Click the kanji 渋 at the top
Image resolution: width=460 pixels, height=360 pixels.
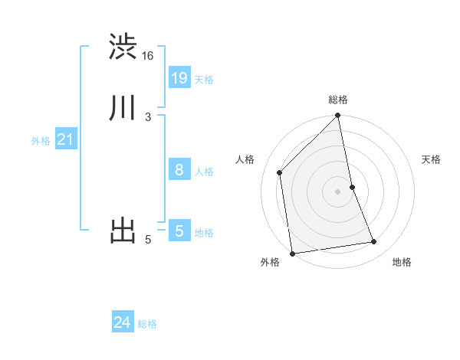(x=123, y=47)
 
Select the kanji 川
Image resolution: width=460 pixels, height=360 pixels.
(x=123, y=108)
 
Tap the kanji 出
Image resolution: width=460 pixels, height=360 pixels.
(x=123, y=231)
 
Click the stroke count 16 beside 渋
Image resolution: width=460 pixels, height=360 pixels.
(x=147, y=56)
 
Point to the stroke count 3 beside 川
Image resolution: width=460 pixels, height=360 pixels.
(x=148, y=117)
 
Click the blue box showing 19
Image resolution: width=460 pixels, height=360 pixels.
(x=179, y=78)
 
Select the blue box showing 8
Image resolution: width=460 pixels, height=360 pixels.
(x=179, y=170)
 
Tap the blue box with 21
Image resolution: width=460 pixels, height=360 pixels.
(x=65, y=139)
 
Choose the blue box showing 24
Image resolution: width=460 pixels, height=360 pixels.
(x=123, y=323)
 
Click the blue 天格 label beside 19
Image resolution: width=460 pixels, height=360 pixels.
(x=204, y=80)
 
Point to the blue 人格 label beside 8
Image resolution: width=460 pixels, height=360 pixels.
(x=204, y=172)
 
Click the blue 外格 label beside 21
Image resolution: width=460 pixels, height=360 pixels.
(x=41, y=141)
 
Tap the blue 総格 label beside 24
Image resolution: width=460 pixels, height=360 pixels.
(x=147, y=325)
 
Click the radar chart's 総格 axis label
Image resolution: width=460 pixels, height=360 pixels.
(x=338, y=100)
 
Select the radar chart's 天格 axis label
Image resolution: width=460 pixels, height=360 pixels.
(x=432, y=159)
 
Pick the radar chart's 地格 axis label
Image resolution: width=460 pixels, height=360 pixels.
(x=402, y=262)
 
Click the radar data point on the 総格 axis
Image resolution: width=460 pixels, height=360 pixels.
(x=338, y=116)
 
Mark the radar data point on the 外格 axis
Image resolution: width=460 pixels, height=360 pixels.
(x=292, y=253)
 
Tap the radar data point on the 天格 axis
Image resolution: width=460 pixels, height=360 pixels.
(x=353, y=187)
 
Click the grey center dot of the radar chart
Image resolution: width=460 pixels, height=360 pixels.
(x=338, y=191)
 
